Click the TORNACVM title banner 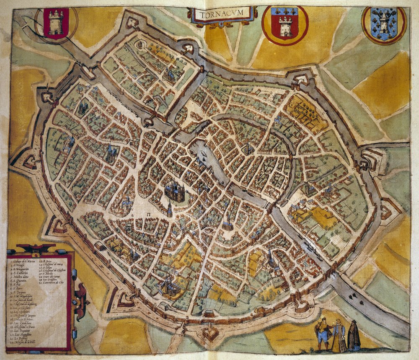222,15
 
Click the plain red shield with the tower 56,23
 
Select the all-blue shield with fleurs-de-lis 384,25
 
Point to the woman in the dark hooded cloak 354,336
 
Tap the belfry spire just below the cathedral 169,209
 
